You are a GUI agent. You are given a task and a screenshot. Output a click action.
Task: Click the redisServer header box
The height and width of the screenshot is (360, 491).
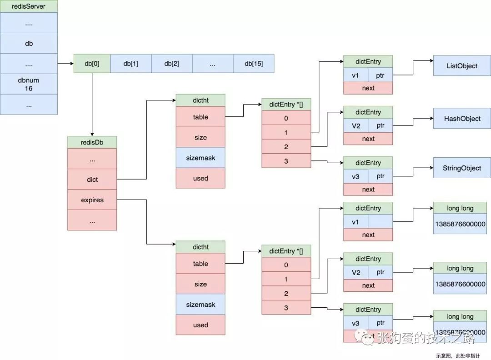tap(29, 6)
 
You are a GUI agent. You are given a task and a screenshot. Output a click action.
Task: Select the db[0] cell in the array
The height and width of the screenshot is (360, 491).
tap(92, 64)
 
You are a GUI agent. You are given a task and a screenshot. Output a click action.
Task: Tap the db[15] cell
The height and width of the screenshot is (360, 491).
tap(253, 64)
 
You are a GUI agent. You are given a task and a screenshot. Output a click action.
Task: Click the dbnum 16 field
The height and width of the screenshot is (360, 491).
tap(29, 84)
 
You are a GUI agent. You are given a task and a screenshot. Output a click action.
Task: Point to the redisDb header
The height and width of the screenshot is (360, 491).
tap(92, 142)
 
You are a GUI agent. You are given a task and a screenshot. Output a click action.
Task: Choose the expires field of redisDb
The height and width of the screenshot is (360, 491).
tap(92, 200)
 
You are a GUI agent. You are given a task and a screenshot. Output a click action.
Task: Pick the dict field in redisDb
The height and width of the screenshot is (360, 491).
tap(92, 180)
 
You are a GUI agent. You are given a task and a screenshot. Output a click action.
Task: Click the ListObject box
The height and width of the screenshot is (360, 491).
tap(461, 66)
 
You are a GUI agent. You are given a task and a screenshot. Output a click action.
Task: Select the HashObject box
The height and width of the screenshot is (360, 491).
tap(461, 119)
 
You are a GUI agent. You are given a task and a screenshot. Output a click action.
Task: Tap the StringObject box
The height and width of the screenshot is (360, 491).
tap(461, 168)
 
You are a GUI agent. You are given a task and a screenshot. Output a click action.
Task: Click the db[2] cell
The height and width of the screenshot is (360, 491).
tap(171, 64)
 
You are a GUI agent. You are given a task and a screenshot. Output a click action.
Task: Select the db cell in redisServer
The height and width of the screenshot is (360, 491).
tap(29, 44)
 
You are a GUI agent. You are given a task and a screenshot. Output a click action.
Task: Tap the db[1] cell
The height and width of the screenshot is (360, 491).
tap(130, 64)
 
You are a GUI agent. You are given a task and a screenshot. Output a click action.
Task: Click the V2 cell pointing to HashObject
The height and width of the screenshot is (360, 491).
tap(356, 125)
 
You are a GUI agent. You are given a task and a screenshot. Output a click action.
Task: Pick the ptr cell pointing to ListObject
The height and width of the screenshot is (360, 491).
tap(380, 75)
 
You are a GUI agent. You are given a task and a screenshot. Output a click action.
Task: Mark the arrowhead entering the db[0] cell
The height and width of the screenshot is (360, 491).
tap(71, 64)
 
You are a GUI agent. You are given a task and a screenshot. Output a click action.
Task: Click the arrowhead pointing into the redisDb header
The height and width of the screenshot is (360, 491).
tap(92, 134)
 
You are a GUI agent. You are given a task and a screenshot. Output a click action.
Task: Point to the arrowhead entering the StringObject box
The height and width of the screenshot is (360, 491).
tap(431, 168)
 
